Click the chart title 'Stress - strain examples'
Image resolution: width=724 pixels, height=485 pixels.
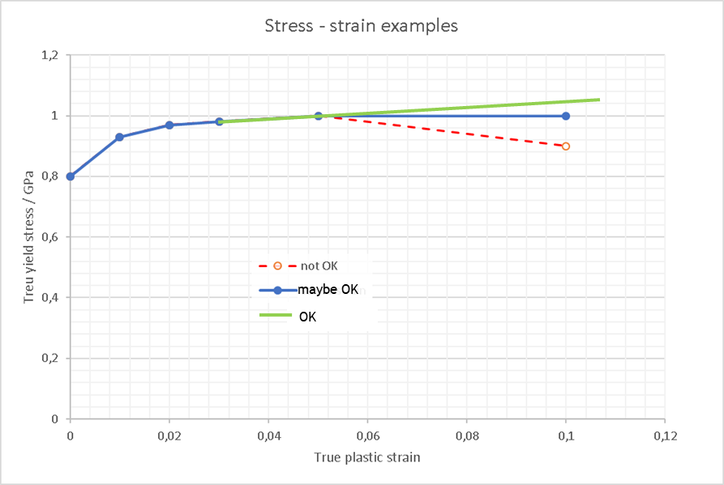[362, 26]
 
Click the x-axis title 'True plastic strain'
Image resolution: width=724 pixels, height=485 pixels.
[367, 457]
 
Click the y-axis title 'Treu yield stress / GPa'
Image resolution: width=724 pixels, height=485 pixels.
[30, 238]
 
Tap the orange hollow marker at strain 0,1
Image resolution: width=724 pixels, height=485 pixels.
[566, 147]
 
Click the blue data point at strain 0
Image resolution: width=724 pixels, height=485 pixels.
[71, 177]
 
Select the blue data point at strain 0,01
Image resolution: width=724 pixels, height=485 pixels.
[119, 138]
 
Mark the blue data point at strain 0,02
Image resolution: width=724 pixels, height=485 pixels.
[169, 126]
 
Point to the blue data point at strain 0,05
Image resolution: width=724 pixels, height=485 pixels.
[319, 116]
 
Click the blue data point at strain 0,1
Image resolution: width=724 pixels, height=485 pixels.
[566, 116]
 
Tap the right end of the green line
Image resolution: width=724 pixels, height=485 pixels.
[599, 100]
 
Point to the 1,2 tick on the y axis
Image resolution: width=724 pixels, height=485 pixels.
[51, 55]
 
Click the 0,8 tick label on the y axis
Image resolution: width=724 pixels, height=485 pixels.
[51, 177]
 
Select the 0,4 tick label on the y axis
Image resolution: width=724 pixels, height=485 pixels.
[51, 298]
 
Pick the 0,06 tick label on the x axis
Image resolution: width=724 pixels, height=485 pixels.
[367, 436]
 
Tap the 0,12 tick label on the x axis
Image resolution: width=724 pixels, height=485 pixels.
[665, 436]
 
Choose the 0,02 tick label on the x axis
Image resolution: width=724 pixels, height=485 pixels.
[169, 436]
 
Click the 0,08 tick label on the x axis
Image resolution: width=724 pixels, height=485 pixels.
[467, 436]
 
